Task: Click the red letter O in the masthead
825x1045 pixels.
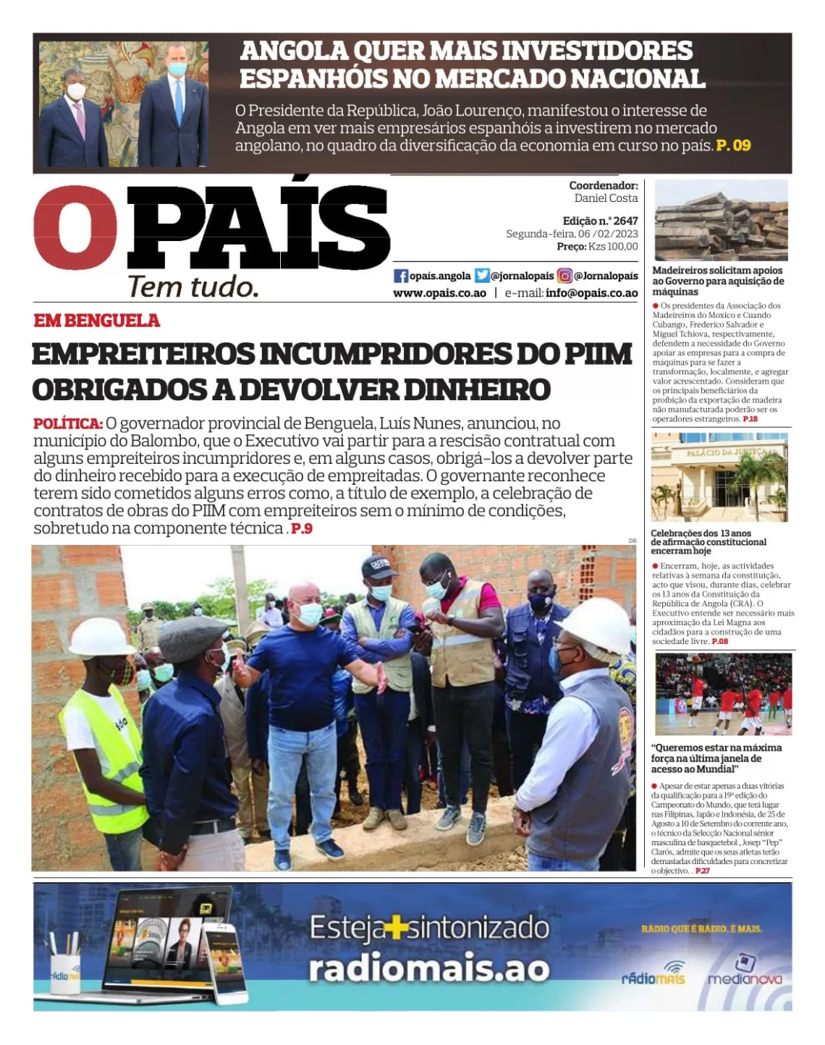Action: click(75, 227)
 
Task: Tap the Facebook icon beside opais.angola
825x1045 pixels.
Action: click(401, 276)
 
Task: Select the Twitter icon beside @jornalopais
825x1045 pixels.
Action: click(482, 276)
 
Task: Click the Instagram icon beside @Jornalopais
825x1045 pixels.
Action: click(564, 276)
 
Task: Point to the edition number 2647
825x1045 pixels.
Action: click(625, 221)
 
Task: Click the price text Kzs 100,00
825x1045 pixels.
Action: click(613, 247)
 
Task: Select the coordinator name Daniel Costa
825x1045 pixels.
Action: click(606, 198)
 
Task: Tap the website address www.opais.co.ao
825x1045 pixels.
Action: click(439, 293)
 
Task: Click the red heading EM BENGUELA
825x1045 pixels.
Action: click(96, 321)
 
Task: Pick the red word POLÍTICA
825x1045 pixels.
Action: click(68, 423)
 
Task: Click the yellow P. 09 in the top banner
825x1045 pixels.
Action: click(733, 145)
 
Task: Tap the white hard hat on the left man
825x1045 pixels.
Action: click(101, 637)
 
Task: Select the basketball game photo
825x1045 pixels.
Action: click(723, 694)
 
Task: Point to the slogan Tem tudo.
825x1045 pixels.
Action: click(193, 287)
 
